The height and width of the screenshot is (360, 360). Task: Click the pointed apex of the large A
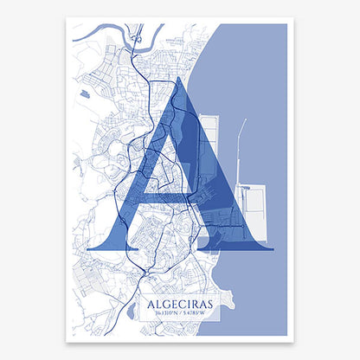tap(179, 79)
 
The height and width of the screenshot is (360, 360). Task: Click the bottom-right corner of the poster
tap(286, 336)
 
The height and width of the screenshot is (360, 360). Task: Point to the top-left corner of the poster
tap(73, 24)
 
